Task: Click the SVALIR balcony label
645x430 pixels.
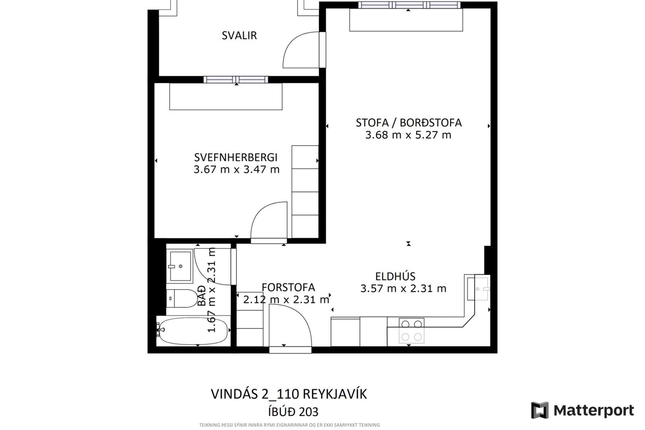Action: [x=239, y=35]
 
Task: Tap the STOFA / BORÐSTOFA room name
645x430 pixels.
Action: [x=408, y=123]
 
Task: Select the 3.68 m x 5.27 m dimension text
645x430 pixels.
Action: [x=408, y=135]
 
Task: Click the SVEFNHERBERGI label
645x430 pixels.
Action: [x=236, y=157]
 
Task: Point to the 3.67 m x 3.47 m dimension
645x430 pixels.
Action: [x=236, y=169]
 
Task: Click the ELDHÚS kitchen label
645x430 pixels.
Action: [x=395, y=276]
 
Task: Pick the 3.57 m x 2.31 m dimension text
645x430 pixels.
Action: [x=403, y=289]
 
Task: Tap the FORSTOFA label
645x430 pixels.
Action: [x=288, y=288]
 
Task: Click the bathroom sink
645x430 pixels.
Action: [x=181, y=265]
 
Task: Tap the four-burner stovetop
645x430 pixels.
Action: [x=412, y=331]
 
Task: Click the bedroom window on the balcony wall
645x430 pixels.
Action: [x=236, y=80]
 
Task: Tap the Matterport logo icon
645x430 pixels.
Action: [x=540, y=410]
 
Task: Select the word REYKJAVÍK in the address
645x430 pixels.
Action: [x=335, y=394]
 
